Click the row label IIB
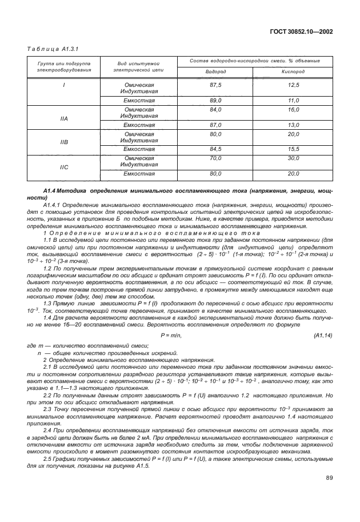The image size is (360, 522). [x=64, y=142]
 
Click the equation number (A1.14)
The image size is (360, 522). [x=323, y=334]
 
